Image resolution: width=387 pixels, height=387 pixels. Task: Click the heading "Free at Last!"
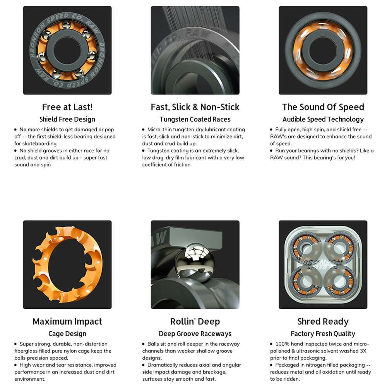pos(67,107)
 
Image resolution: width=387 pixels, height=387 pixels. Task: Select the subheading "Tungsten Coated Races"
pos(195,120)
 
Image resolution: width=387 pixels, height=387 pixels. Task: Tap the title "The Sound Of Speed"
pos(323,107)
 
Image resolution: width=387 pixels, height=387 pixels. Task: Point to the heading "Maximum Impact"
pos(67,322)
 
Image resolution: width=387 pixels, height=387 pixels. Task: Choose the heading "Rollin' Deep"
pos(195,322)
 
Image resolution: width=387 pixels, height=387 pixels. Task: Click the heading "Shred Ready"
pos(323,322)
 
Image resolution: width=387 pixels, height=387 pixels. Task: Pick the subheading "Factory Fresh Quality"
pos(323,334)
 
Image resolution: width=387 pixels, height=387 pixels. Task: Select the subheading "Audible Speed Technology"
pos(323,120)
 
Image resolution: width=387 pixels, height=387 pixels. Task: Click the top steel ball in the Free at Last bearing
pos(66,25)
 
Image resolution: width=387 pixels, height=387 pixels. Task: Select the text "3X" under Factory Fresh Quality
pos(363,351)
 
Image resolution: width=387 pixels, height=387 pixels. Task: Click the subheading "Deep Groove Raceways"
pos(195,334)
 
